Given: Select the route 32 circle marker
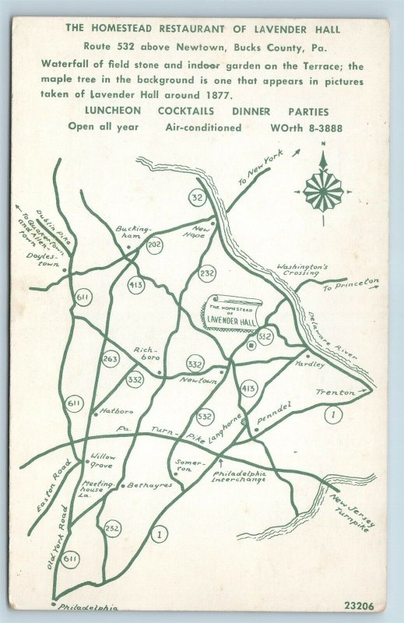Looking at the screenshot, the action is click(x=198, y=198).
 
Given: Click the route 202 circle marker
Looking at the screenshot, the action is click(x=154, y=245).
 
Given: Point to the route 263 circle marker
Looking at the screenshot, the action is click(x=110, y=358).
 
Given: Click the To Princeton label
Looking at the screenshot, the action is click(x=351, y=285).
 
